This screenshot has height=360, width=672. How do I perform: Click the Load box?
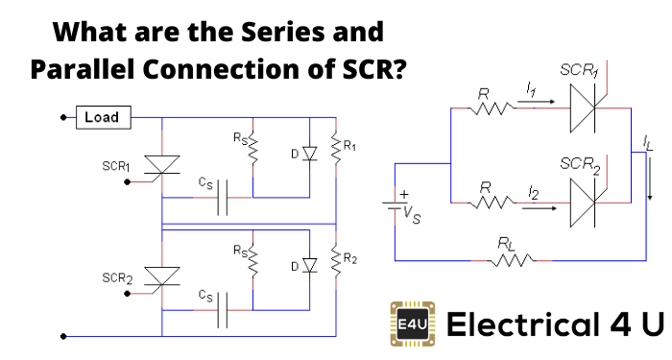102,117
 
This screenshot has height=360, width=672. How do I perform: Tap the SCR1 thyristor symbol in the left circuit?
162,164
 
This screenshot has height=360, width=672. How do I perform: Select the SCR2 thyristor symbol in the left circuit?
162,277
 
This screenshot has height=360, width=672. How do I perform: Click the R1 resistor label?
350,147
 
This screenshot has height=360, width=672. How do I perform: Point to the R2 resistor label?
350,260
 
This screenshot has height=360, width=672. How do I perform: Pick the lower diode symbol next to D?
309,264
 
